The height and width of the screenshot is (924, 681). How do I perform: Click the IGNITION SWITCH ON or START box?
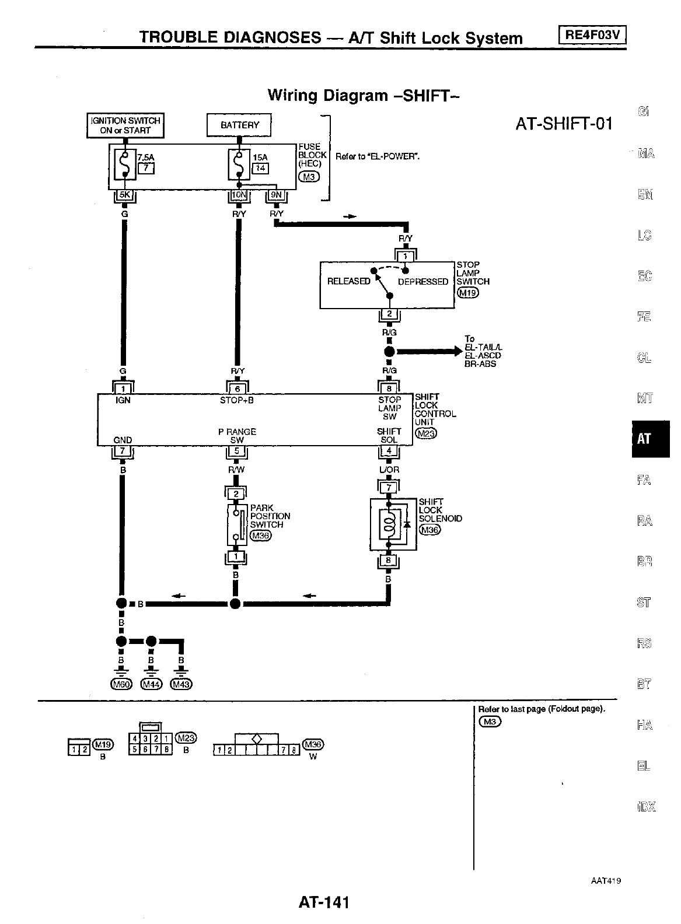(x=125, y=125)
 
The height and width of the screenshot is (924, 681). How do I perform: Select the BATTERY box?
(x=239, y=125)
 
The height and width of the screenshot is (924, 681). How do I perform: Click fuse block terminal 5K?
(x=124, y=196)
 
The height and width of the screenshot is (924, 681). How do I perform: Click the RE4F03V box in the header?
(x=592, y=36)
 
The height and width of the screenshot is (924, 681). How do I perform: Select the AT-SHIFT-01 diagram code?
(x=564, y=124)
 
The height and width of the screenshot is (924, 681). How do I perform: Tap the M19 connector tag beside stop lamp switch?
(x=467, y=293)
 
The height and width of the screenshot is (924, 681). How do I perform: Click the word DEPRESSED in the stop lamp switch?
(x=423, y=282)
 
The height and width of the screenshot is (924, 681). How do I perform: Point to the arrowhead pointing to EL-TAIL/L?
(x=457, y=352)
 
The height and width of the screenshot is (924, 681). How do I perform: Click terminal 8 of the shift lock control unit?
(x=390, y=388)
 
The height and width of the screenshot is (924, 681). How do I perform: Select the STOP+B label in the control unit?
(x=237, y=401)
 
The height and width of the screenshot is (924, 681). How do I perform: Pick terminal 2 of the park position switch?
(x=236, y=495)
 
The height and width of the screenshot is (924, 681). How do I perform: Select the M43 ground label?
(x=181, y=684)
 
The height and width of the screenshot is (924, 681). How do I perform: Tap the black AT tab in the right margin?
(x=650, y=439)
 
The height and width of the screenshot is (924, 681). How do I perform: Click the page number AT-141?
(x=324, y=902)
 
